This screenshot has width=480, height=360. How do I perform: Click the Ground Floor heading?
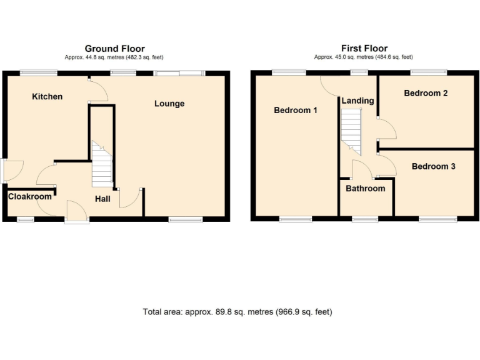(x=114, y=48)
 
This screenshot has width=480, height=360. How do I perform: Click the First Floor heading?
(x=364, y=48)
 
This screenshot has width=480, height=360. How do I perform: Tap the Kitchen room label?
(x=47, y=97)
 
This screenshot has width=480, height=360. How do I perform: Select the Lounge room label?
(x=169, y=103)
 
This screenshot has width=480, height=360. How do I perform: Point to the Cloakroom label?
(x=29, y=196)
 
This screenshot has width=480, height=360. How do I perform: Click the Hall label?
(x=102, y=199)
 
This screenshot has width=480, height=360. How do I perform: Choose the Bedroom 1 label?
(x=296, y=111)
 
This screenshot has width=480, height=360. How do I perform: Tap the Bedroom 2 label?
(x=425, y=93)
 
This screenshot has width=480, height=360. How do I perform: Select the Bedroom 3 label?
(x=433, y=166)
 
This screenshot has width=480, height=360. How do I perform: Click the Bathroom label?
(x=366, y=188)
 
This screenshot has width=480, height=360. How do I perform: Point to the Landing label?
(x=357, y=101)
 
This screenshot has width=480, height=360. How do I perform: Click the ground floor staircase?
(x=102, y=164)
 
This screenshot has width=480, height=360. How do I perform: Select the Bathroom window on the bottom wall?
(x=364, y=219)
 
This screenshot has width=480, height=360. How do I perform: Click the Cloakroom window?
(x=26, y=219)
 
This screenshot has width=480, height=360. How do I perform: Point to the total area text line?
(x=237, y=311)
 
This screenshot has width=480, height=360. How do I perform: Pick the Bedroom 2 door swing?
(x=387, y=128)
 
